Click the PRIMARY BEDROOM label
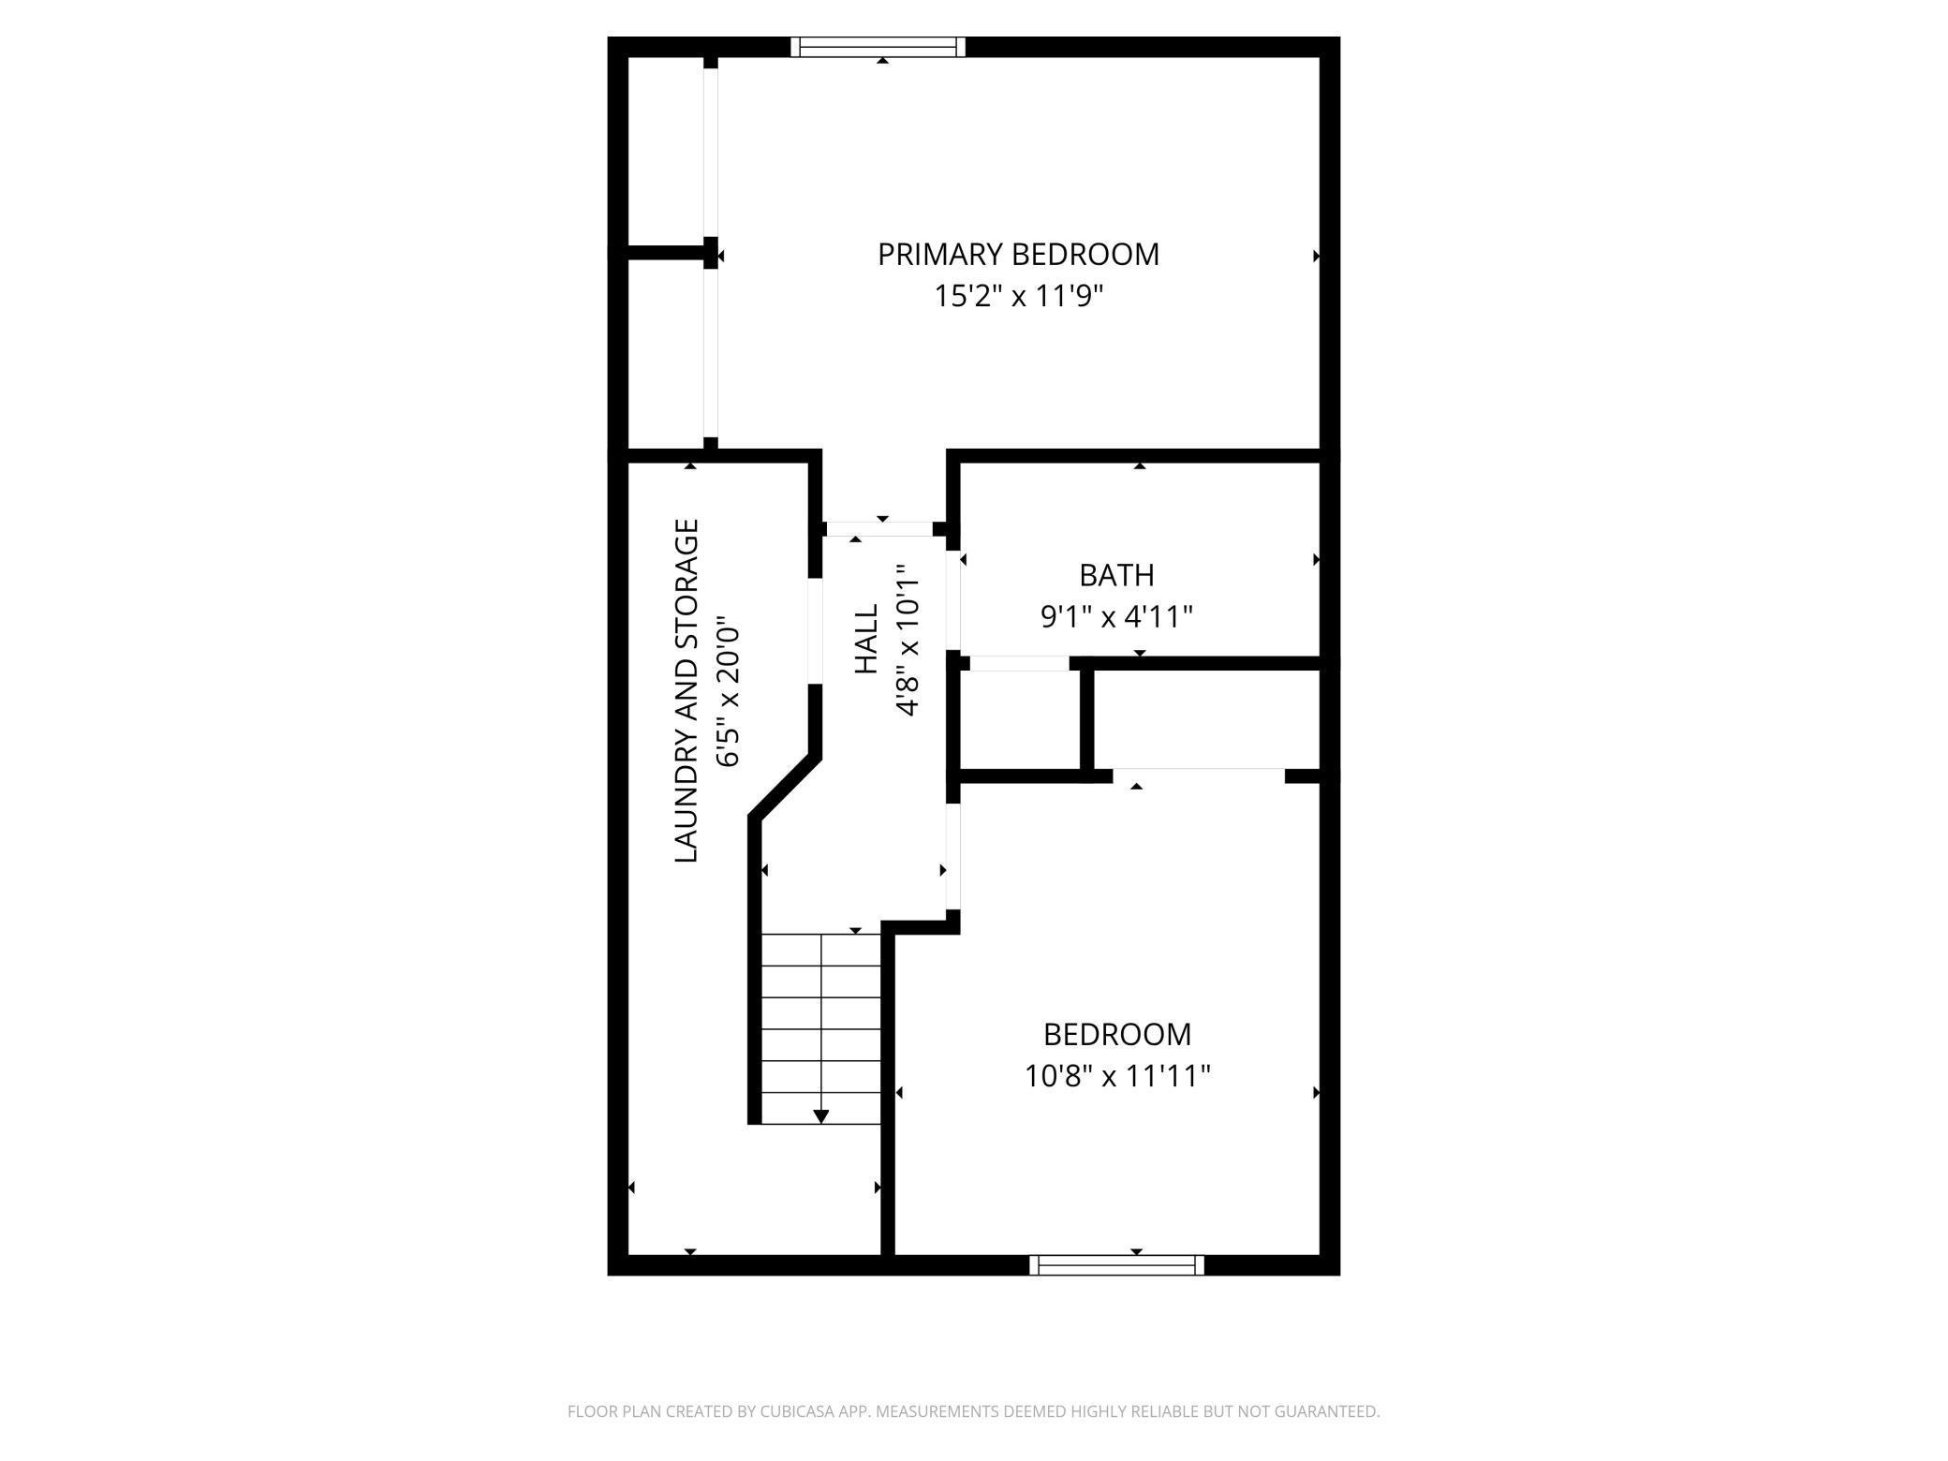[x=1018, y=255]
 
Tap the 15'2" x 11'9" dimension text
[x=1018, y=297]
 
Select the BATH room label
[x=1116, y=575]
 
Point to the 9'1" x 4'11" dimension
[x=1116, y=617]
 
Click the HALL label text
[x=867, y=638]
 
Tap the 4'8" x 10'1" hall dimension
[x=907, y=640]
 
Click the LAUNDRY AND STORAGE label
[x=687, y=690]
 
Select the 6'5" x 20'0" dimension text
[x=729, y=690]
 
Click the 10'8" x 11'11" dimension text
[x=1116, y=1076]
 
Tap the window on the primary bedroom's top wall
[x=878, y=47]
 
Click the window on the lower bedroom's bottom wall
[x=1116, y=1265]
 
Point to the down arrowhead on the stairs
[x=821, y=1115]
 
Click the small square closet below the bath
[x=1020, y=719]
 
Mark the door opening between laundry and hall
[x=815, y=631]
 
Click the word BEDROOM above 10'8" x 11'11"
[x=1116, y=1034]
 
